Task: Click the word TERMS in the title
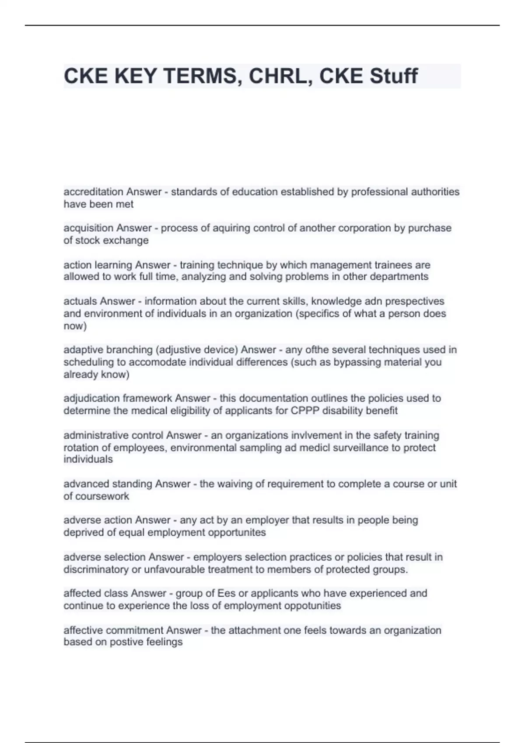tap(203, 76)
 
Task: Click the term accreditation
tap(93, 192)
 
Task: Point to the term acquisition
tap(89, 228)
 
